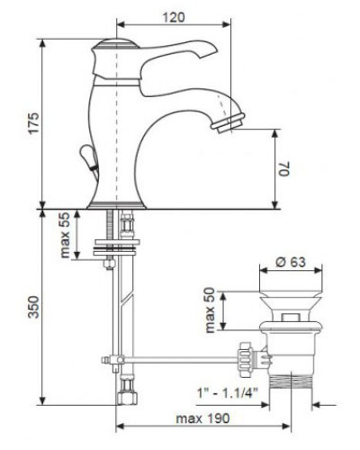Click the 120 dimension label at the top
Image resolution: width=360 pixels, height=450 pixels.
click(x=174, y=17)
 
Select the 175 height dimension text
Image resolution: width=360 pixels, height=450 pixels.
click(x=33, y=123)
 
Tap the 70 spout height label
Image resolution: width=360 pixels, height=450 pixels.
click(x=284, y=168)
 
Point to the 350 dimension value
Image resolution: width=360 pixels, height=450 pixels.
click(x=33, y=307)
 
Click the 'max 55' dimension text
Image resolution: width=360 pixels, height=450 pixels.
click(x=65, y=235)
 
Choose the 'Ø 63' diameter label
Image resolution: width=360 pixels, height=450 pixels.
click(x=291, y=262)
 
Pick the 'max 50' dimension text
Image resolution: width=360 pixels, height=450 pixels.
click(x=211, y=310)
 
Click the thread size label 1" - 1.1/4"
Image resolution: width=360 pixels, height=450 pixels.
click(x=228, y=392)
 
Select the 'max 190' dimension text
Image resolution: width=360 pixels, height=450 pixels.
click(x=202, y=418)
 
